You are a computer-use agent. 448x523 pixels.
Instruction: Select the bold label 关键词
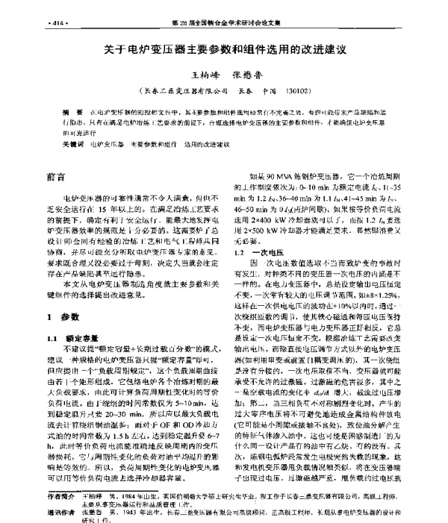pos(72,143)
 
